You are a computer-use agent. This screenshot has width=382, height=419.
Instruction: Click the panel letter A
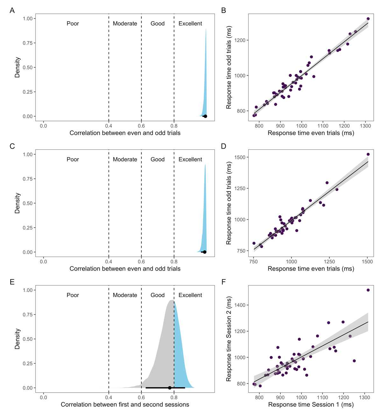pyautogui.click(x=12, y=10)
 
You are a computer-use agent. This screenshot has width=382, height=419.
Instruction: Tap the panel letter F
pyautogui.click(x=223, y=282)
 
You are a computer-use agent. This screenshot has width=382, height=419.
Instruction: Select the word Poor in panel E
pyautogui.click(x=73, y=295)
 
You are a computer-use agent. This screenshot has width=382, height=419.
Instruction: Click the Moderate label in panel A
pyautogui.click(x=125, y=24)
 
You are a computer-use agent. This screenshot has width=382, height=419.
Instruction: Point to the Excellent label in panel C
pyautogui.click(x=190, y=159)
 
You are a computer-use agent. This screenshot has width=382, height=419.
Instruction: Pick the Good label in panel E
pyautogui.click(x=158, y=295)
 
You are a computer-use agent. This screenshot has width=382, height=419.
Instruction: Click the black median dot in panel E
pyautogui.click(x=170, y=388)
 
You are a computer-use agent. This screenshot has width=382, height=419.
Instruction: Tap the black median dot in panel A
pyautogui.click(x=205, y=116)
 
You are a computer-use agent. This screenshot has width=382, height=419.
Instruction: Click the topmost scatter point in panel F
pyautogui.click(x=368, y=290)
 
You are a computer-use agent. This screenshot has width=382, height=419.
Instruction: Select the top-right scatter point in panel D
pyautogui.click(x=368, y=154)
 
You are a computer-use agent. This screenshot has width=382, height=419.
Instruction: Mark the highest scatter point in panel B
pyautogui.click(x=368, y=19)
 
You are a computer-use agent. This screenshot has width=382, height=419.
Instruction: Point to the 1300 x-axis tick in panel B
pyautogui.click(x=365, y=126)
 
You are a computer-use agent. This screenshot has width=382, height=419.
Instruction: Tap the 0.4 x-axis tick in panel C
pyautogui.click(x=109, y=262)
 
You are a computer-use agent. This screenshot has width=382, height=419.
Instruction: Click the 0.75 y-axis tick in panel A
pyautogui.click(x=28, y=43)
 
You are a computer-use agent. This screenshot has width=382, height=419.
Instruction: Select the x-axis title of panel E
pyautogui.click(x=125, y=404)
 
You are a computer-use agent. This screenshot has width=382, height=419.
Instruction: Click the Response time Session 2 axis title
pyautogui.click(x=229, y=339)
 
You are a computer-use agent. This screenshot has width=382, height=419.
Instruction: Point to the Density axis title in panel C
pyautogui.click(x=17, y=203)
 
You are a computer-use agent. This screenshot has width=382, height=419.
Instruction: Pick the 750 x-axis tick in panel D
pyautogui.click(x=253, y=262)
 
